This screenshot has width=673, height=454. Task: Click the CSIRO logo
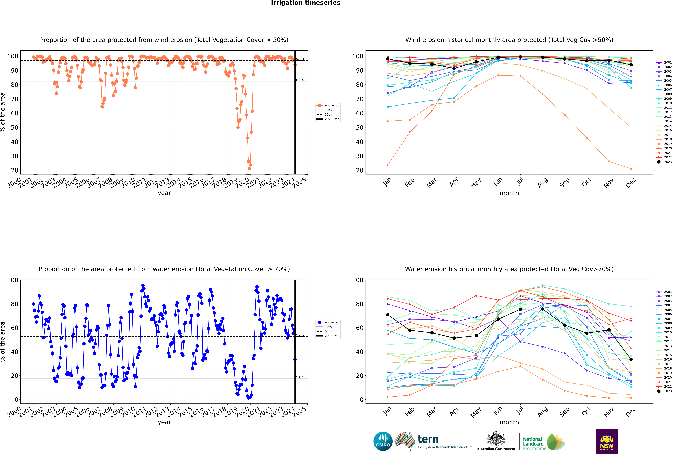[x=383, y=441]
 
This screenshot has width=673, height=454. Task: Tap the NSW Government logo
[x=607, y=441]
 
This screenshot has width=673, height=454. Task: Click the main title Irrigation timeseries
[x=306, y=3]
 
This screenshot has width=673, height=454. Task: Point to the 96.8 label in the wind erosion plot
[x=300, y=59]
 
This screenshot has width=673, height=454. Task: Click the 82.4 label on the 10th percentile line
[x=300, y=80]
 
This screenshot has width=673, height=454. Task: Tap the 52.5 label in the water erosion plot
[x=300, y=335]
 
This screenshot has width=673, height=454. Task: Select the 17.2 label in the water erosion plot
[x=300, y=378]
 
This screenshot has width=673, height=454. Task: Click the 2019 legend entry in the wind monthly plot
[x=667, y=144]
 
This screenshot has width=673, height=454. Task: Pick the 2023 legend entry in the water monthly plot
[x=667, y=391]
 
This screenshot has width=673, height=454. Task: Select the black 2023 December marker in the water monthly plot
[x=631, y=359]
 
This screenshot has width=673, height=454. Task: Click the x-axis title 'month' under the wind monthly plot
[x=509, y=193]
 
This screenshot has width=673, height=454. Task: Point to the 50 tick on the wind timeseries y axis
[x=14, y=127]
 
